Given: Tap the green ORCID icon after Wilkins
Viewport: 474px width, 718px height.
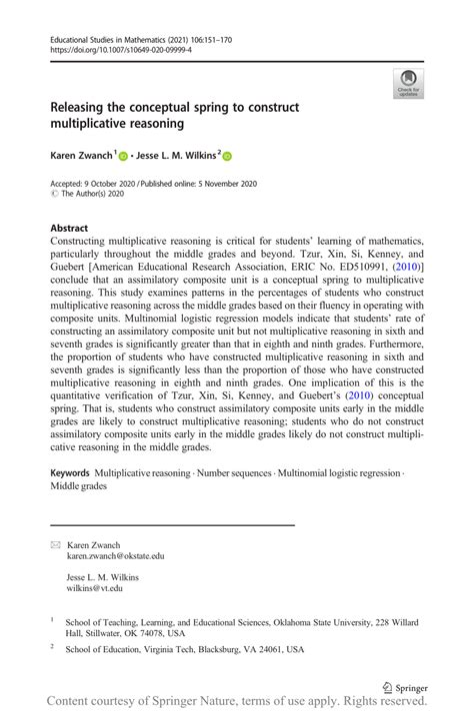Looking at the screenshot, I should point(226,156).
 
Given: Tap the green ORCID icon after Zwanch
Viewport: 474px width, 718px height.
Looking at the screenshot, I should point(124,156).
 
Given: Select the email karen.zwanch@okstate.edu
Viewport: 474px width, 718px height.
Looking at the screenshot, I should point(116,556).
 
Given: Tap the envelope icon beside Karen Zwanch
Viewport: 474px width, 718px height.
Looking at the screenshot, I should point(55,545).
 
